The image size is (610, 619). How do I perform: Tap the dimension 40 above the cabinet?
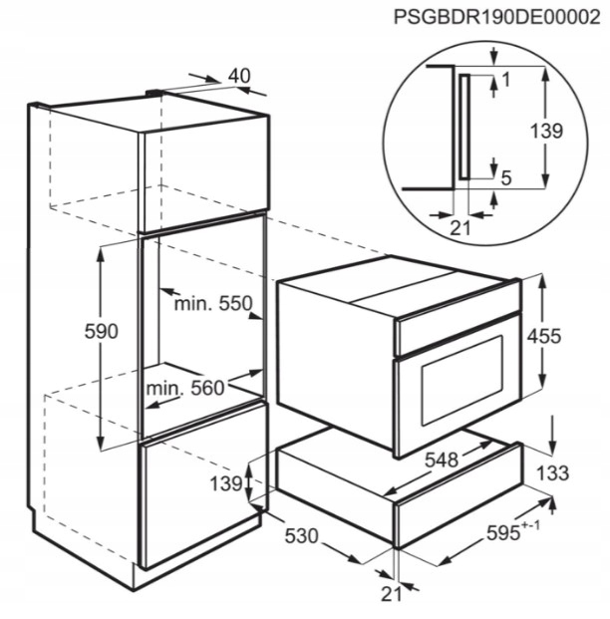click(239, 76)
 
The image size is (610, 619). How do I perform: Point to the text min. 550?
click(211, 303)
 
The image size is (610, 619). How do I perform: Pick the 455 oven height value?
click(571, 337)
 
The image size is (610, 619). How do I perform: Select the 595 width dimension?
click(515, 535)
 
